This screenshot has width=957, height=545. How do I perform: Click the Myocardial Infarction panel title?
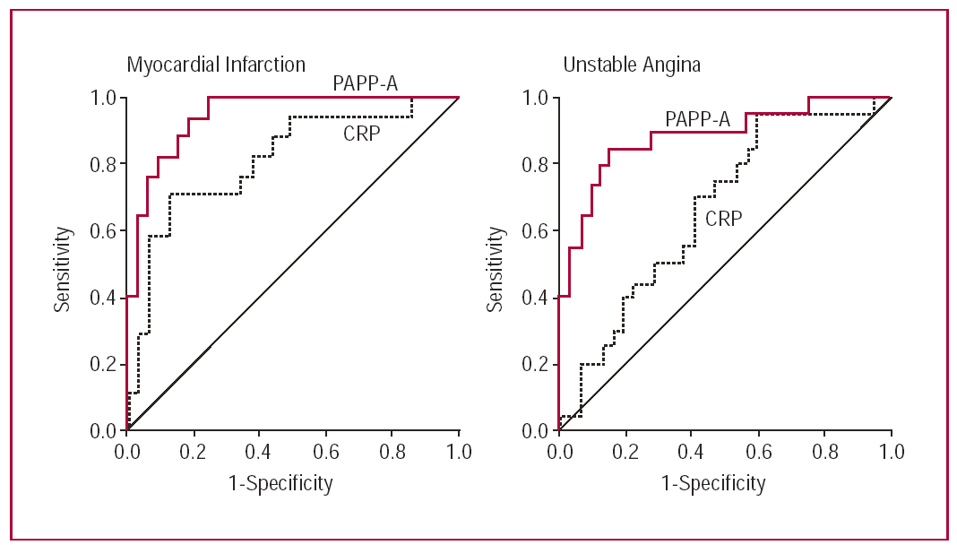pyautogui.click(x=215, y=65)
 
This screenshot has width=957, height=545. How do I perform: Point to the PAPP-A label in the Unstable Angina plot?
pyautogui.click(x=698, y=118)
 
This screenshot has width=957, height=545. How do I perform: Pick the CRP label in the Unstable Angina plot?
pyautogui.click(x=723, y=218)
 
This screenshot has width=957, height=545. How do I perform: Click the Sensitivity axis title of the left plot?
pyautogui.click(x=62, y=264)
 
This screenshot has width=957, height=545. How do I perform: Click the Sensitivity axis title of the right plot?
pyautogui.click(x=496, y=264)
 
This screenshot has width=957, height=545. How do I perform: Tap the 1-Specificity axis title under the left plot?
pyautogui.click(x=280, y=484)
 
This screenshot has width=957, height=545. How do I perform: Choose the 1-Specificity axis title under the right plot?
pyautogui.click(x=714, y=484)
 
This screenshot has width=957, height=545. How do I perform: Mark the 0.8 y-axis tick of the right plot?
pyautogui.click(x=537, y=164)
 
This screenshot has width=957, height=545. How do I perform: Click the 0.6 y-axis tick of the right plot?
pyautogui.click(x=537, y=231)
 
